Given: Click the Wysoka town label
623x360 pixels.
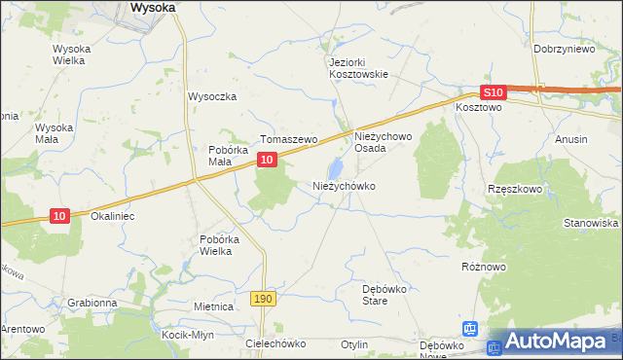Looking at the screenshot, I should pos(153,7).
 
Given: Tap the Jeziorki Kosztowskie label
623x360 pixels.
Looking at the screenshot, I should pos(358,67).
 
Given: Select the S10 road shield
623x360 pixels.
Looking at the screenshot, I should pos(494,92).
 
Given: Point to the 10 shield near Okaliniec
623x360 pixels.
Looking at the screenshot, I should pos(59,216).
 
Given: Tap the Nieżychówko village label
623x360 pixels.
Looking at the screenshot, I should pos(344,185).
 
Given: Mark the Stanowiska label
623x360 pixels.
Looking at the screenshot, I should pos(591,223).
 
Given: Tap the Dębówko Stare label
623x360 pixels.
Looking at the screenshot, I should pos(388,295).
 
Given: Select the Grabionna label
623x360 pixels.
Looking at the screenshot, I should pos(92,303).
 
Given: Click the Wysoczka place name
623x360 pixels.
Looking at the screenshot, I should pos(212,96).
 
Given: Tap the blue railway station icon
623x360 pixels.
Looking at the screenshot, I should pos(470,330).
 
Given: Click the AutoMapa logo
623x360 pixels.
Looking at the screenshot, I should pos(555,342).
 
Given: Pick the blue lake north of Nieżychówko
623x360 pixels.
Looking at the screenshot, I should pos(336,167).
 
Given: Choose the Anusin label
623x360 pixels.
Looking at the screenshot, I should pos(571,139).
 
